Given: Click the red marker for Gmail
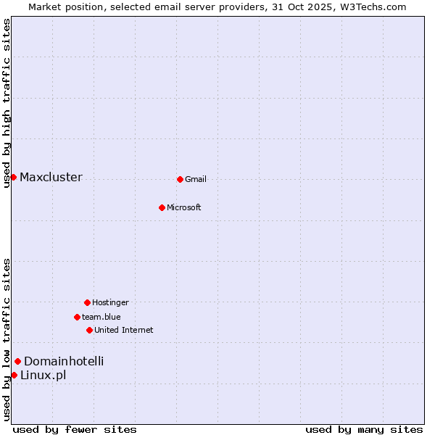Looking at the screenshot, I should click(x=180, y=179).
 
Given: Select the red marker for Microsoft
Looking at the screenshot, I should click(x=162, y=207).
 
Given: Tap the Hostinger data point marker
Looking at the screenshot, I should click(x=87, y=302).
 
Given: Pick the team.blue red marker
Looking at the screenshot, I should click(x=77, y=317).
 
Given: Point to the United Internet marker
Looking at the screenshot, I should click(x=89, y=330).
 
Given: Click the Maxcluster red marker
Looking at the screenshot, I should click(x=13, y=177).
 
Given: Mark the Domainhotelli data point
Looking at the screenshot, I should click(x=17, y=361).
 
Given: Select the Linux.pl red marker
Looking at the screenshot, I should click(x=14, y=375).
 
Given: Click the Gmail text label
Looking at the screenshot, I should click(x=196, y=180).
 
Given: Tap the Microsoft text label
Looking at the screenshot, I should click(x=184, y=208).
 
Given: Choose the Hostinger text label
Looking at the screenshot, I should click(x=110, y=302).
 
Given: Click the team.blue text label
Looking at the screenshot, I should click(x=101, y=317).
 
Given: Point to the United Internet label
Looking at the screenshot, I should click(x=124, y=331).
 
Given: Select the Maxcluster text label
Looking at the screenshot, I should click(x=51, y=178).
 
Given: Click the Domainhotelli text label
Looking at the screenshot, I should click(x=64, y=361).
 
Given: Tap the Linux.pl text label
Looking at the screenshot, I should click(x=43, y=375).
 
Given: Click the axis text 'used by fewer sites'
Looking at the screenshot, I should click(x=75, y=429).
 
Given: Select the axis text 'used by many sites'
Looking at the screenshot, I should click(x=364, y=429).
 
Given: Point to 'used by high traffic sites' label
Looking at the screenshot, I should click(x=7, y=103).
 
